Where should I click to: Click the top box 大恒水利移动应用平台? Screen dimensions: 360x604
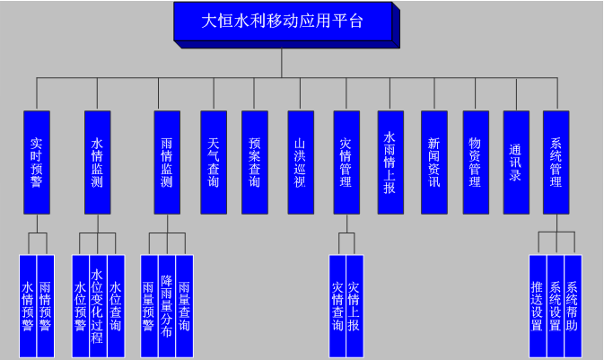click(282, 22)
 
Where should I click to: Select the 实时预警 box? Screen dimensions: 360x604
click(36, 162)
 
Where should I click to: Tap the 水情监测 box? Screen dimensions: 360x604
click(97, 162)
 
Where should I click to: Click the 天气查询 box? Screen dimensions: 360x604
click(213, 162)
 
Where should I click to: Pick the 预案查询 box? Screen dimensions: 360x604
click(255, 162)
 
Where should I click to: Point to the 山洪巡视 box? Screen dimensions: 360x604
click(300, 162)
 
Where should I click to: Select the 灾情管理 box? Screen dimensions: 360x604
click(346, 162)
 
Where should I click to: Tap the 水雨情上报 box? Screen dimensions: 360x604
click(390, 162)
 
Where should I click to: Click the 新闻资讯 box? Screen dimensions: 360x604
click(433, 162)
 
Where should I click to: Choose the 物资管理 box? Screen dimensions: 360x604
click(475, 162)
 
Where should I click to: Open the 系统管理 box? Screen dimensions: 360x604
click(556, 162)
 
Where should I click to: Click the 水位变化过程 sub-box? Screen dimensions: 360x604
click(97, 306)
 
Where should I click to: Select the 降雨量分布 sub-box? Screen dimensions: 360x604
click(166, 306)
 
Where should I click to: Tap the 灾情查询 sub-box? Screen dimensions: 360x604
click(337, 306)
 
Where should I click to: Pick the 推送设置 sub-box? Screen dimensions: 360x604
click(538, 306)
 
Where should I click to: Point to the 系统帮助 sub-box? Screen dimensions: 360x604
click(573, 306)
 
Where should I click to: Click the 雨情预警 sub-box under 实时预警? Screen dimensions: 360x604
click(45, 306)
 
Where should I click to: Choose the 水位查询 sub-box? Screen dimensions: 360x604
click(114, 306)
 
